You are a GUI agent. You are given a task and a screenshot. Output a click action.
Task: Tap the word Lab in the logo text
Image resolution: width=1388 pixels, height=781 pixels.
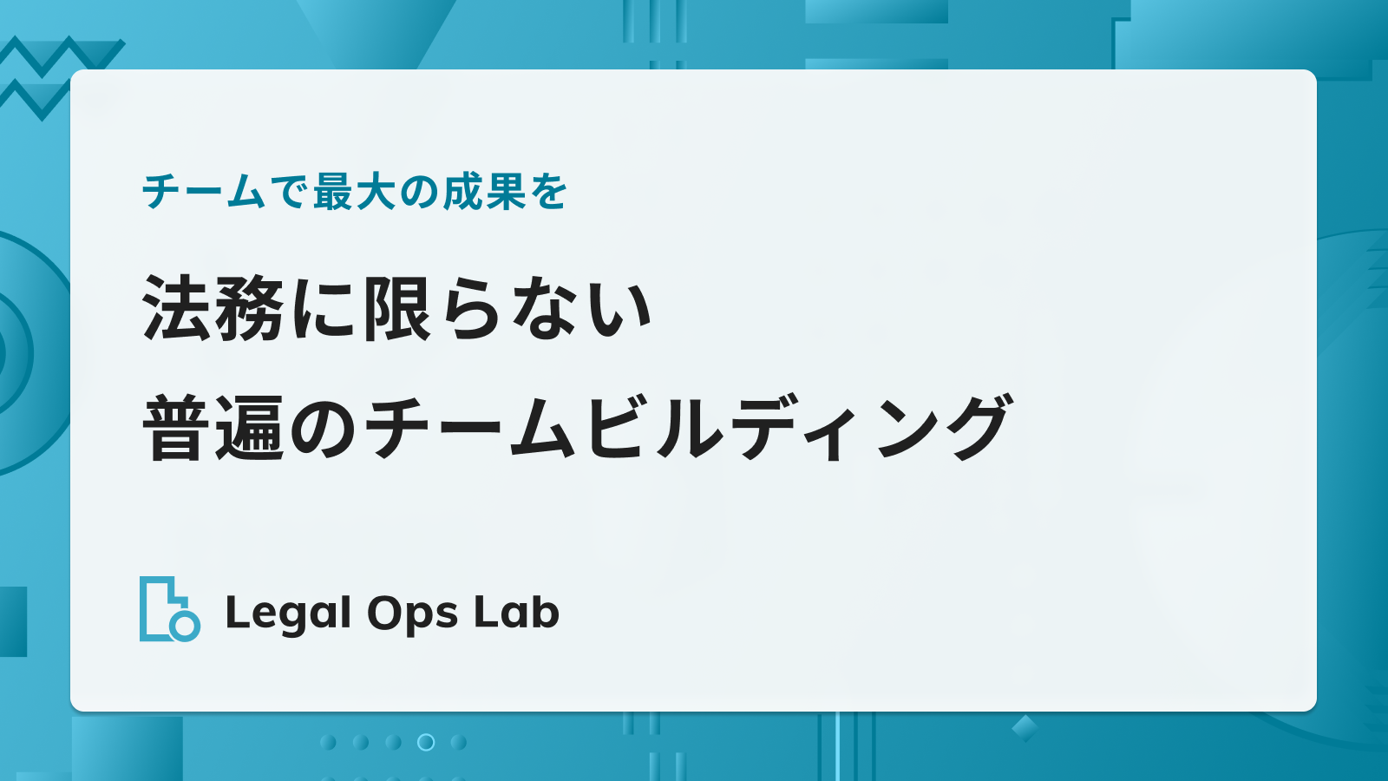tap(516, 613)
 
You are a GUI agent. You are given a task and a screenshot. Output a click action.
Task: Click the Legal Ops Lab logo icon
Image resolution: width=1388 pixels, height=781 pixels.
tap(170, 608)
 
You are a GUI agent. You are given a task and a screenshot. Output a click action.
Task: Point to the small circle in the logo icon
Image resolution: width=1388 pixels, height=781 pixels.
tap(185, 626)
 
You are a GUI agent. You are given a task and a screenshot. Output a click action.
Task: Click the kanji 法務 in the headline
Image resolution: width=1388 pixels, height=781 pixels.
tap(213, 308)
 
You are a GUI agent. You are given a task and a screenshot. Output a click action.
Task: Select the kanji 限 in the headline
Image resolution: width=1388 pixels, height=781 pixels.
tap(397, 308)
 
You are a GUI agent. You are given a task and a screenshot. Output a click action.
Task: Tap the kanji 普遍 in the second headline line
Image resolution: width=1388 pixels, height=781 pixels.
tap(213, 428)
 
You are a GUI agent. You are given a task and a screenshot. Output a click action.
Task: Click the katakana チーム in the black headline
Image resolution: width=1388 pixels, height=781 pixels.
tap(469, 428)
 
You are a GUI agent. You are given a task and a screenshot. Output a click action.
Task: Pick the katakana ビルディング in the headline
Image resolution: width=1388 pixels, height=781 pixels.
tap(797, 428)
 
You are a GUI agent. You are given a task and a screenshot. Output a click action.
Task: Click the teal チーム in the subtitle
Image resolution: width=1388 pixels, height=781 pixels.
tap(204, 192)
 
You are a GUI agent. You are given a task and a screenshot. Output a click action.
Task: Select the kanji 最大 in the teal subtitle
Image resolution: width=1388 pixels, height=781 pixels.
tap(354, 192)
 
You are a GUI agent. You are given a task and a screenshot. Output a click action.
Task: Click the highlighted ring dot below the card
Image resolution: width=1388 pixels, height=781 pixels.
tap(426, 742)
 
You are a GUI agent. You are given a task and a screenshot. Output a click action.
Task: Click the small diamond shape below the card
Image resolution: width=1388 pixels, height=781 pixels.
tap(1025, 728)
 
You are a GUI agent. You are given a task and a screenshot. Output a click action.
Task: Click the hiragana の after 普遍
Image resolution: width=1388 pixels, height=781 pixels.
tap(323, 429)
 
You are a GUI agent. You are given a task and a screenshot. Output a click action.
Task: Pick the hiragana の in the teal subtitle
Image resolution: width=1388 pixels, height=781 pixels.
tap(419, 193)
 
